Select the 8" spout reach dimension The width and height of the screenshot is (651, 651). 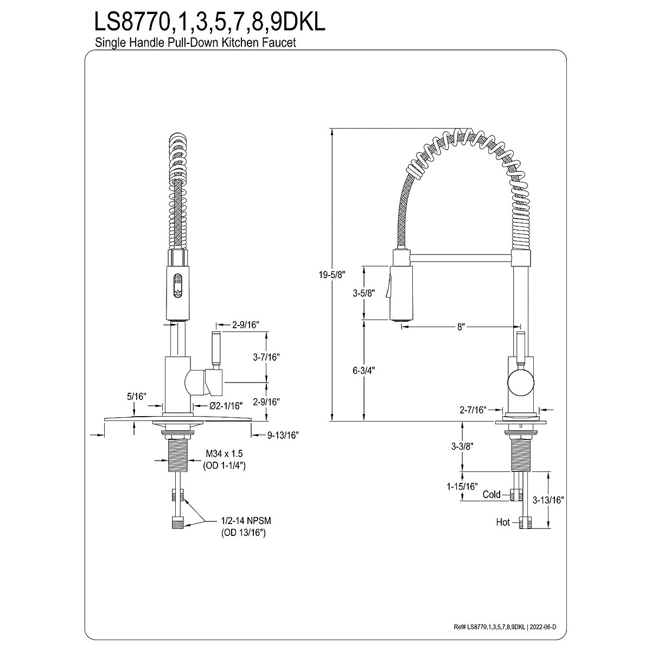pos(462,327)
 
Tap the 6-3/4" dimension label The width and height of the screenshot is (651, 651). pos(363,371)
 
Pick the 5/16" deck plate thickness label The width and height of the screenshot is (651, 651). pos(137,397)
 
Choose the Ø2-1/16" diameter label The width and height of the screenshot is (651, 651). pos(227,405)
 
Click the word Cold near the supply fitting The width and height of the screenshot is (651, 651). pos(492,494)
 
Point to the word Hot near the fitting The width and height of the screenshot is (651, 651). pos(503,522)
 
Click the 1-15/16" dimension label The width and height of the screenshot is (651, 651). pos(462,487)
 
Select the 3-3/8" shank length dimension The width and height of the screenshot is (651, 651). pos(462,446)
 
